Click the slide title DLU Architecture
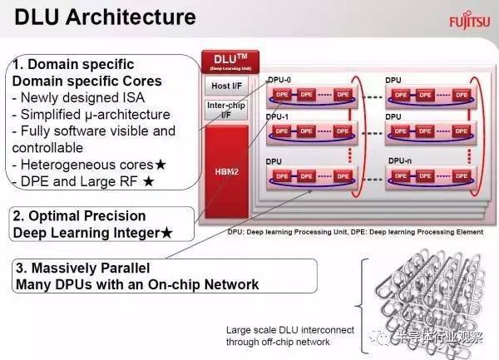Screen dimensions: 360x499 pos(103,17)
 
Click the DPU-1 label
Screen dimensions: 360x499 pos(279,117)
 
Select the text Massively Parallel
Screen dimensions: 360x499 pos(82,269)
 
